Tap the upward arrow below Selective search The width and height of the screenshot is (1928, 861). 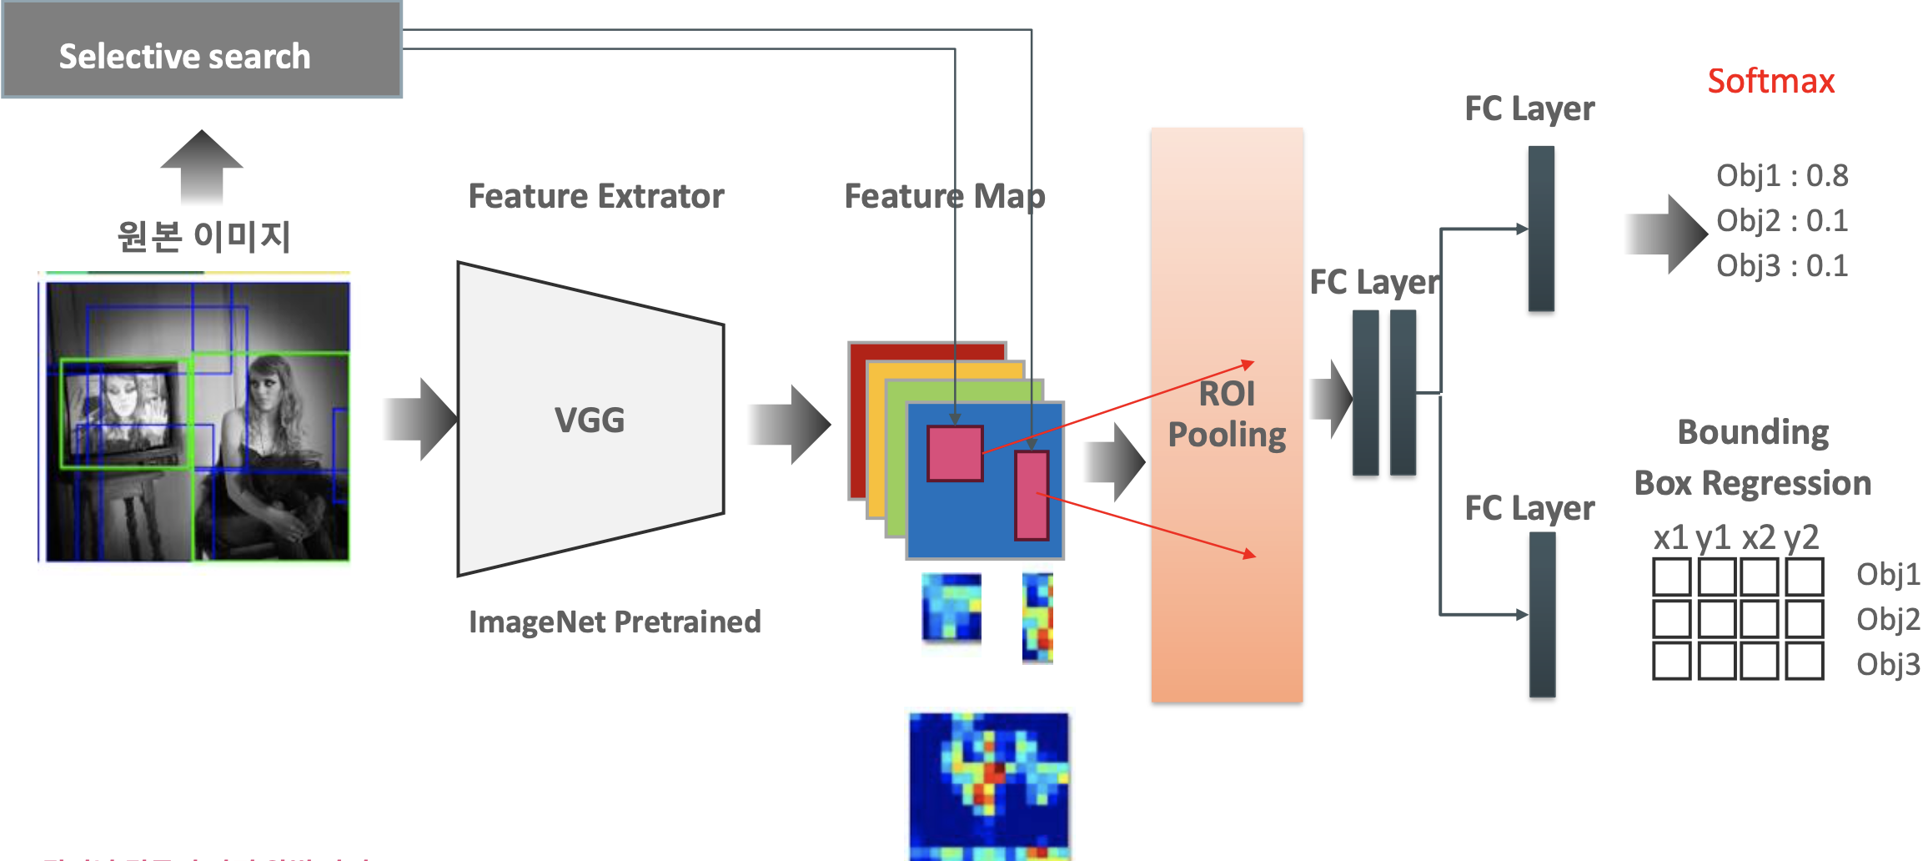pos(202,167)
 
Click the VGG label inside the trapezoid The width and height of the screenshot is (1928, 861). pos(590,420)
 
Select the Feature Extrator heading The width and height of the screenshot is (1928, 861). pos(596,197)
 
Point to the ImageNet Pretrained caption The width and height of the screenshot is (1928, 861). pos(615,622)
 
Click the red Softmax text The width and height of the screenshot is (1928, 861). pos(1770,82)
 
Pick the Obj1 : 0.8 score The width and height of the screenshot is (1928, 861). pos(1781,176)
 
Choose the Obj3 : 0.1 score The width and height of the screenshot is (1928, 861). pos(1781,266)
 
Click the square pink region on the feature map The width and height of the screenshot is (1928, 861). pos(955,454)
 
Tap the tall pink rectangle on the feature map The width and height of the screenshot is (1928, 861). pos(1032,496)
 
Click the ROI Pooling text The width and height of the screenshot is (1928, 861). pos(1227,415)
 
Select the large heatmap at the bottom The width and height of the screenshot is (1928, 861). pos(988,784)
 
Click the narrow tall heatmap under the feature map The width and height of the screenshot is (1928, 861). pos(1037,617)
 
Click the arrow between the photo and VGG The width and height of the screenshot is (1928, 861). pos(421,420)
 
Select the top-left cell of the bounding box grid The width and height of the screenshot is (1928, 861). pos(1671,577)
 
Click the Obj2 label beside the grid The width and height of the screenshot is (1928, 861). pos(1887,620)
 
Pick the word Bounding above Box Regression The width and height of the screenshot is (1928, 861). pos(1753,433)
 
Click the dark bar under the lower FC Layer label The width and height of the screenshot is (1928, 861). pos(1542,615)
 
